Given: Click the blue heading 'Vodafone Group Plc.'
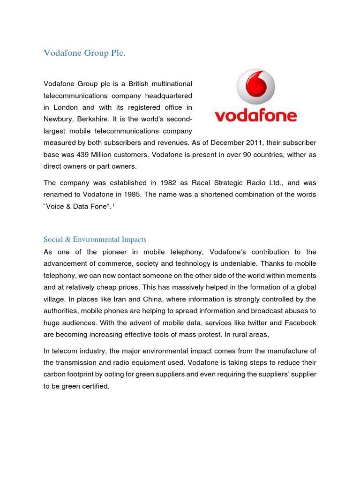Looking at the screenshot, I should (x=85, y=53).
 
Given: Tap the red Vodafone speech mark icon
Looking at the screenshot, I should (x=255, y=87).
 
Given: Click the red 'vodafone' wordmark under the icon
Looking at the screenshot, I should (x=255, y=115).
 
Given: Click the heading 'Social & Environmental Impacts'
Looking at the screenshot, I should (x=95, y=240).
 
